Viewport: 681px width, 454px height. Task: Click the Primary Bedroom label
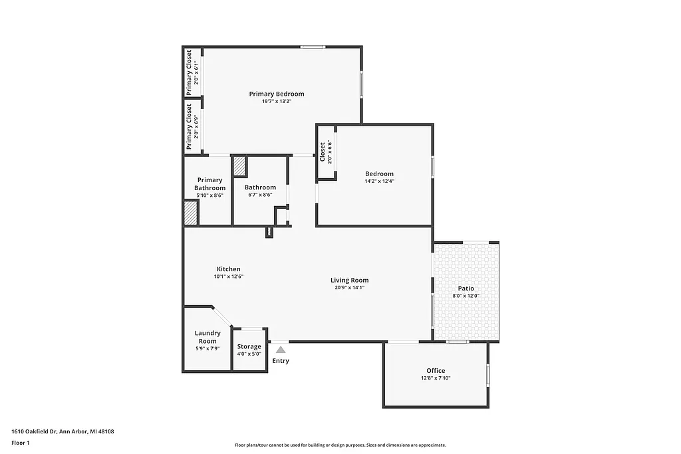(277, 94)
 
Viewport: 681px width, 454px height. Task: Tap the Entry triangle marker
(281, 349)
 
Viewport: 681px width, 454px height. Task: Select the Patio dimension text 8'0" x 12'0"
(466, 296)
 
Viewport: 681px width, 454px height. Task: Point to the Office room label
(436, 370)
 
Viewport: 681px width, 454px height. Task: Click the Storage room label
(249, 346)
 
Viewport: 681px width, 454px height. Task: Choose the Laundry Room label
(207, 337)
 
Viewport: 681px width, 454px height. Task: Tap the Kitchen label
(228, 269)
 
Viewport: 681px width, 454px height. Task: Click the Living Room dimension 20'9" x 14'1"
(349, 288)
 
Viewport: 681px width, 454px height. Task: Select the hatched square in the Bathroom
(239, 166)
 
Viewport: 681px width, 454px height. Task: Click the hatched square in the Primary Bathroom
(191, 213)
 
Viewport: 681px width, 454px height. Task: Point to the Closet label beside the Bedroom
(323, 152)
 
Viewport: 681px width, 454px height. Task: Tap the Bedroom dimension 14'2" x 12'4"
(378, 181)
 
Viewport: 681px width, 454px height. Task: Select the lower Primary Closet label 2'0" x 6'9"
(197, 126)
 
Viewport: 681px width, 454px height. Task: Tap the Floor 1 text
(21, 442)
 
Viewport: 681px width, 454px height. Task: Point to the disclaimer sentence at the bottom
(340, 445)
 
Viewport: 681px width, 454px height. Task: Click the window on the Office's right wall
(487, 374)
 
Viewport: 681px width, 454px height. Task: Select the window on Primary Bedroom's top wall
(312, 47)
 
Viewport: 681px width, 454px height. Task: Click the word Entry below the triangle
(281, 361)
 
